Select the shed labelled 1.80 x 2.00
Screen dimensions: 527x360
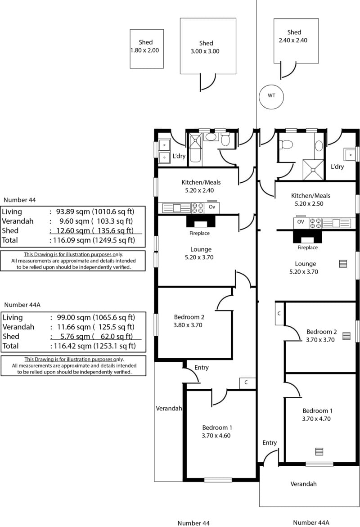(x=147, y=49)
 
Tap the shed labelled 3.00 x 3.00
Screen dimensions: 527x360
(x=208, y=46)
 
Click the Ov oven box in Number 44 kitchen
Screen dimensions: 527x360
(x=212, y=207)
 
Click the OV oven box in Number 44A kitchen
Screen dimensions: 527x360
(x=301, y=222)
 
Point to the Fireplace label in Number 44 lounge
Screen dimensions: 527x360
(x=199, y=234)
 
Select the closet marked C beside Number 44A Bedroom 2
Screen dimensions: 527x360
(x=279, y=313)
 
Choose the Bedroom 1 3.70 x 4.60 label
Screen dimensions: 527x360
(x=217, y=431)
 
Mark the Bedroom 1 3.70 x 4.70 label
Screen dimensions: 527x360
(x=318, y=414)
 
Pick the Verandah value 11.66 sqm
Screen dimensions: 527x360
(x=72, y=327)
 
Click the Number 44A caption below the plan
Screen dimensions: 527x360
(x=311, y=522)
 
